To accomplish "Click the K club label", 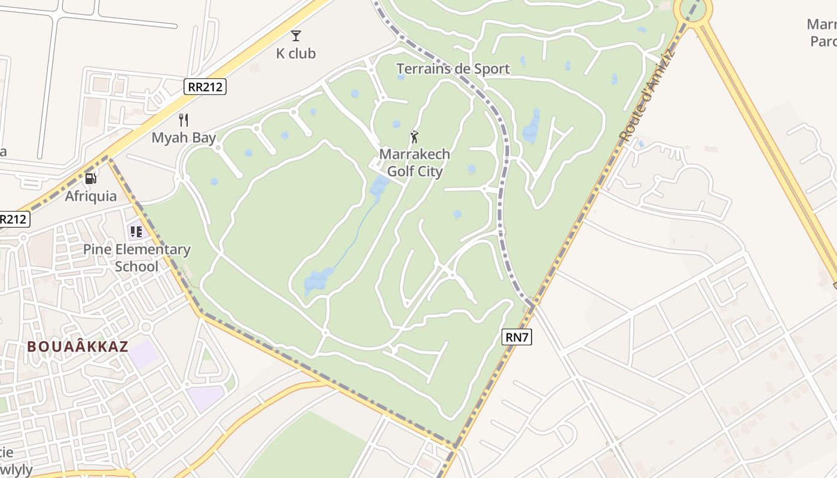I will click(x=295, y=53).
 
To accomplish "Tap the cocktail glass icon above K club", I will click(x=296, y=36).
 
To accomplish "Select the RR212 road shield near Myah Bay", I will click(x=205, y=87).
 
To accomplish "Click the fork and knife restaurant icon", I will click(x=184, y=120).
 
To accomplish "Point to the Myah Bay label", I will click(x=184, y=137).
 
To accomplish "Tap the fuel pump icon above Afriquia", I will click(x=90, y=178).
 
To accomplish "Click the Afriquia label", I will click(x=91, y=196).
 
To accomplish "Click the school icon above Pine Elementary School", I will click(x=136, y=232).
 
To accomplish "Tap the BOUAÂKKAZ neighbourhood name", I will click(x=77, y=346).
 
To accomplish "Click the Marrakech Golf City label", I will click(x=414, y=163).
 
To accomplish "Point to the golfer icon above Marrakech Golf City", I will click(x=414, y=137).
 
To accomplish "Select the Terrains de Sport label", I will click(x=453, y=69).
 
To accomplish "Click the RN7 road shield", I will click(x=517, y=337).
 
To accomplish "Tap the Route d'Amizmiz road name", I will click(x=647, y=96).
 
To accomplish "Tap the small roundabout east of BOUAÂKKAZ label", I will click(x=146, y=327).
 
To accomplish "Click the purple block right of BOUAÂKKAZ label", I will click(x=143, y=354).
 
